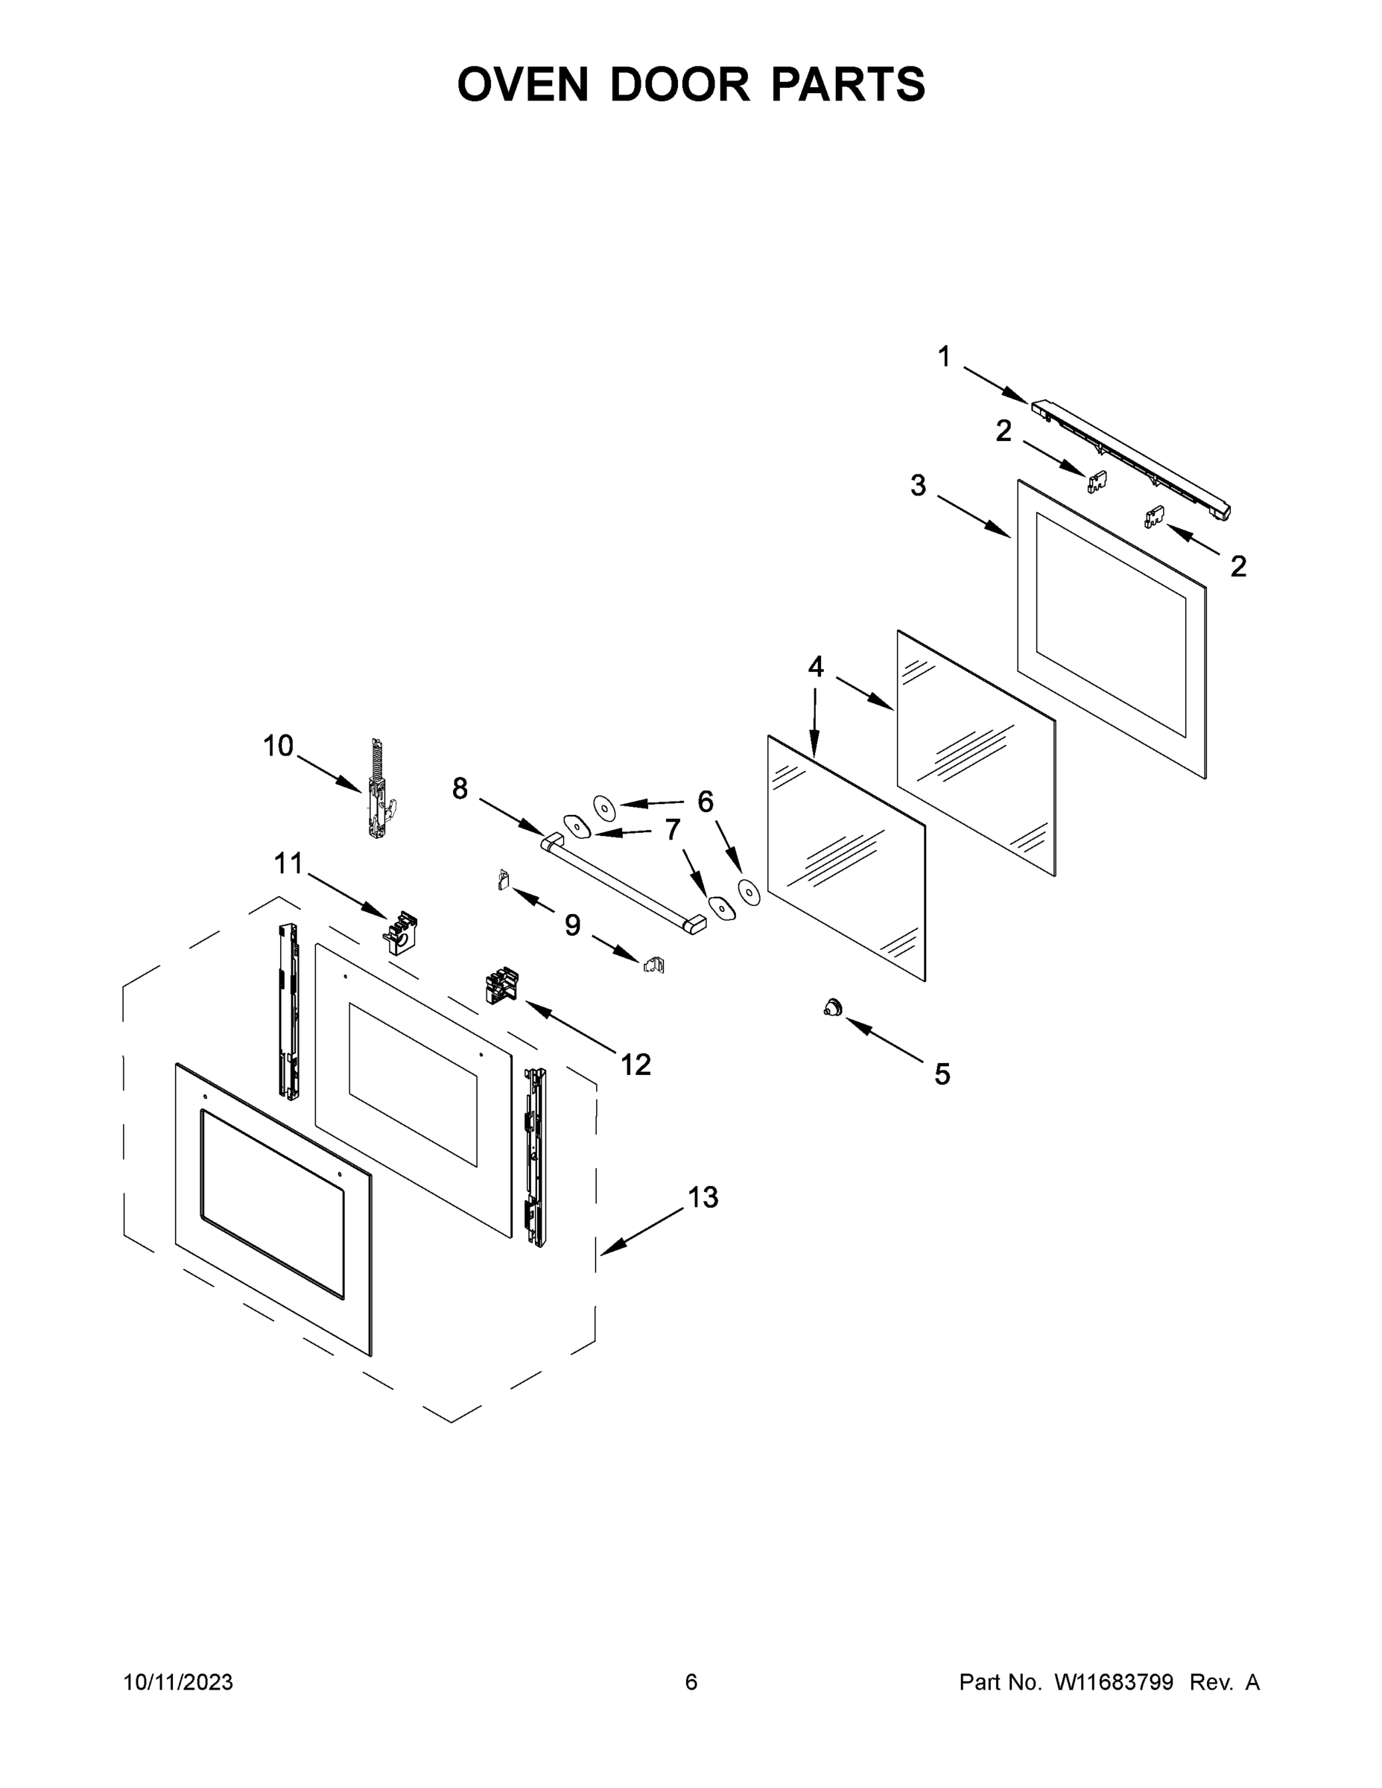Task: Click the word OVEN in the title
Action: click(522, 84)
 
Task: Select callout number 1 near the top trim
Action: click(944, 357)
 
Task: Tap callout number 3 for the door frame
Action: click(918, 486)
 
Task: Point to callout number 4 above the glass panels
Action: click(816, 668)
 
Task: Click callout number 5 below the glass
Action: click(942, 1074)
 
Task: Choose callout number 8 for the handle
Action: click(460, 788)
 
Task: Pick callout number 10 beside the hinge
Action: click(279, 746)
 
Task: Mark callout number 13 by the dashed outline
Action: click(703, 1197)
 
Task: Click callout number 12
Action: click(635, 1065)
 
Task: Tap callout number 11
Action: click(288, 863)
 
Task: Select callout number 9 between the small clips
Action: click(572, 925)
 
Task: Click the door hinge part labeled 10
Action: click(378, 792)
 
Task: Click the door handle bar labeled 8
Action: click(622, 884)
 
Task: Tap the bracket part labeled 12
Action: click(502, 984)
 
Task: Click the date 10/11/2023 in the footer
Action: click(179, 1681)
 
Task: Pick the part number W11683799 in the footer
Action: click(1114, 1681)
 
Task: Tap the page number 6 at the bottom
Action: click(691, 1681)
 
